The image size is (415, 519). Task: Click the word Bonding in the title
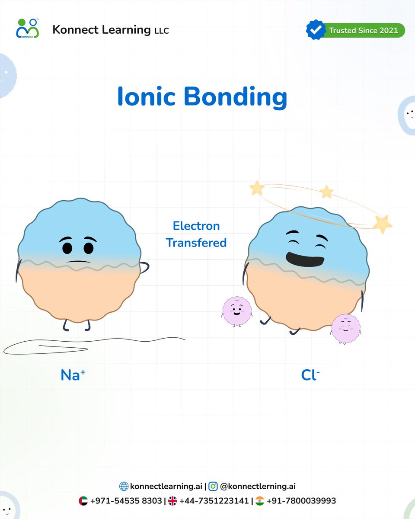point(235,98)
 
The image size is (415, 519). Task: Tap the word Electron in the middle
point(196,226)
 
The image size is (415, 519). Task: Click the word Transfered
point(196,243)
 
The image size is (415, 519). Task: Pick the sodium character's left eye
point(67,248)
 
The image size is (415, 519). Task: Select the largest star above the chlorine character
point(382,224)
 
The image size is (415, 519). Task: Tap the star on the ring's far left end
point(257,188)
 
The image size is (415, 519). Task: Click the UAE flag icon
point(83,501)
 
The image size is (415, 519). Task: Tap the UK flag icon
point(172,501)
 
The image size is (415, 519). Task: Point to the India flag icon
point(260,501)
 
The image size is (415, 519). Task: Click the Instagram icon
point(213,487)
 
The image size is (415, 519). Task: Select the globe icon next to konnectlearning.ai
point(124,487)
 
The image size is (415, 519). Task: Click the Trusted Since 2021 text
point(364,30)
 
